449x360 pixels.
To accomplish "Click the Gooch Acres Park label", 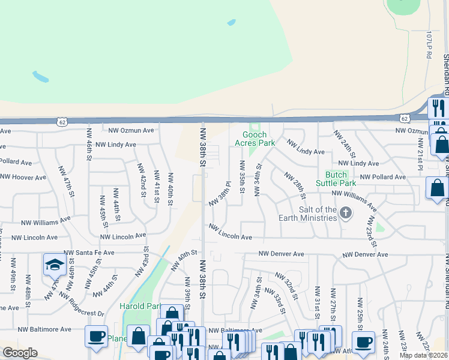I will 258,139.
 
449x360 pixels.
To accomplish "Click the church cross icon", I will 346,212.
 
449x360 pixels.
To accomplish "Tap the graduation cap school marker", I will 54,265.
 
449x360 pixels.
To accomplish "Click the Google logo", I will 20,353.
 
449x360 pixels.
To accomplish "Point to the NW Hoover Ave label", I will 23,178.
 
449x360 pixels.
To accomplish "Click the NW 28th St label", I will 295,186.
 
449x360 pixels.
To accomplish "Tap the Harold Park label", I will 139,307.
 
